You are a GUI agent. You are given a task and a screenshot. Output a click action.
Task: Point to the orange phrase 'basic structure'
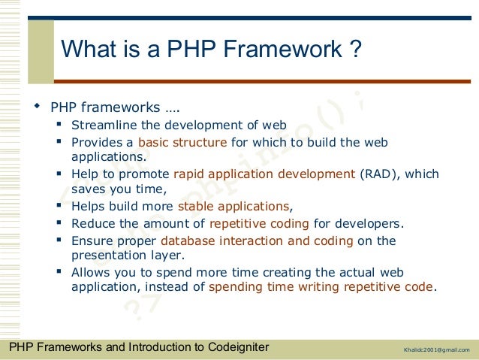[182, 142]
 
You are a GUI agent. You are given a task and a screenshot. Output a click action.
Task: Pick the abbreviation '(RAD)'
[381, 174]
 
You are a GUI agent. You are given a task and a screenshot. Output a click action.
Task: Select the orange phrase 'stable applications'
[233, 206]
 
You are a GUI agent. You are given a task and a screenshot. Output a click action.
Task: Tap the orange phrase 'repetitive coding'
[259, 223]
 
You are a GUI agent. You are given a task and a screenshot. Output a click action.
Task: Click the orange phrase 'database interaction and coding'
[256, 241]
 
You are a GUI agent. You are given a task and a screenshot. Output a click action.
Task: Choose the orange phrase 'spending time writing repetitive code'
[321, 286]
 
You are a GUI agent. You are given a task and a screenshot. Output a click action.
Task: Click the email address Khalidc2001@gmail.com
[436, 350]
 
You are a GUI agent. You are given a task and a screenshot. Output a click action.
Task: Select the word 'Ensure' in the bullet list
[92, 241]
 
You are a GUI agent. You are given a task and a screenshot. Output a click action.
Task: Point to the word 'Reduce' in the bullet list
[92, 223]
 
